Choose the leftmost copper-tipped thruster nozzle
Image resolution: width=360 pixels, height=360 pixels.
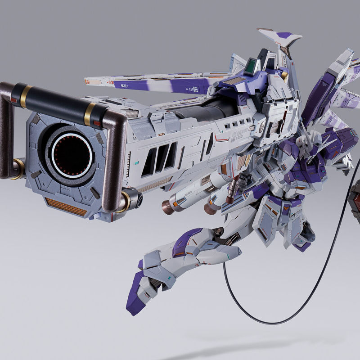pyautogui.click(x=167, y=206)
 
